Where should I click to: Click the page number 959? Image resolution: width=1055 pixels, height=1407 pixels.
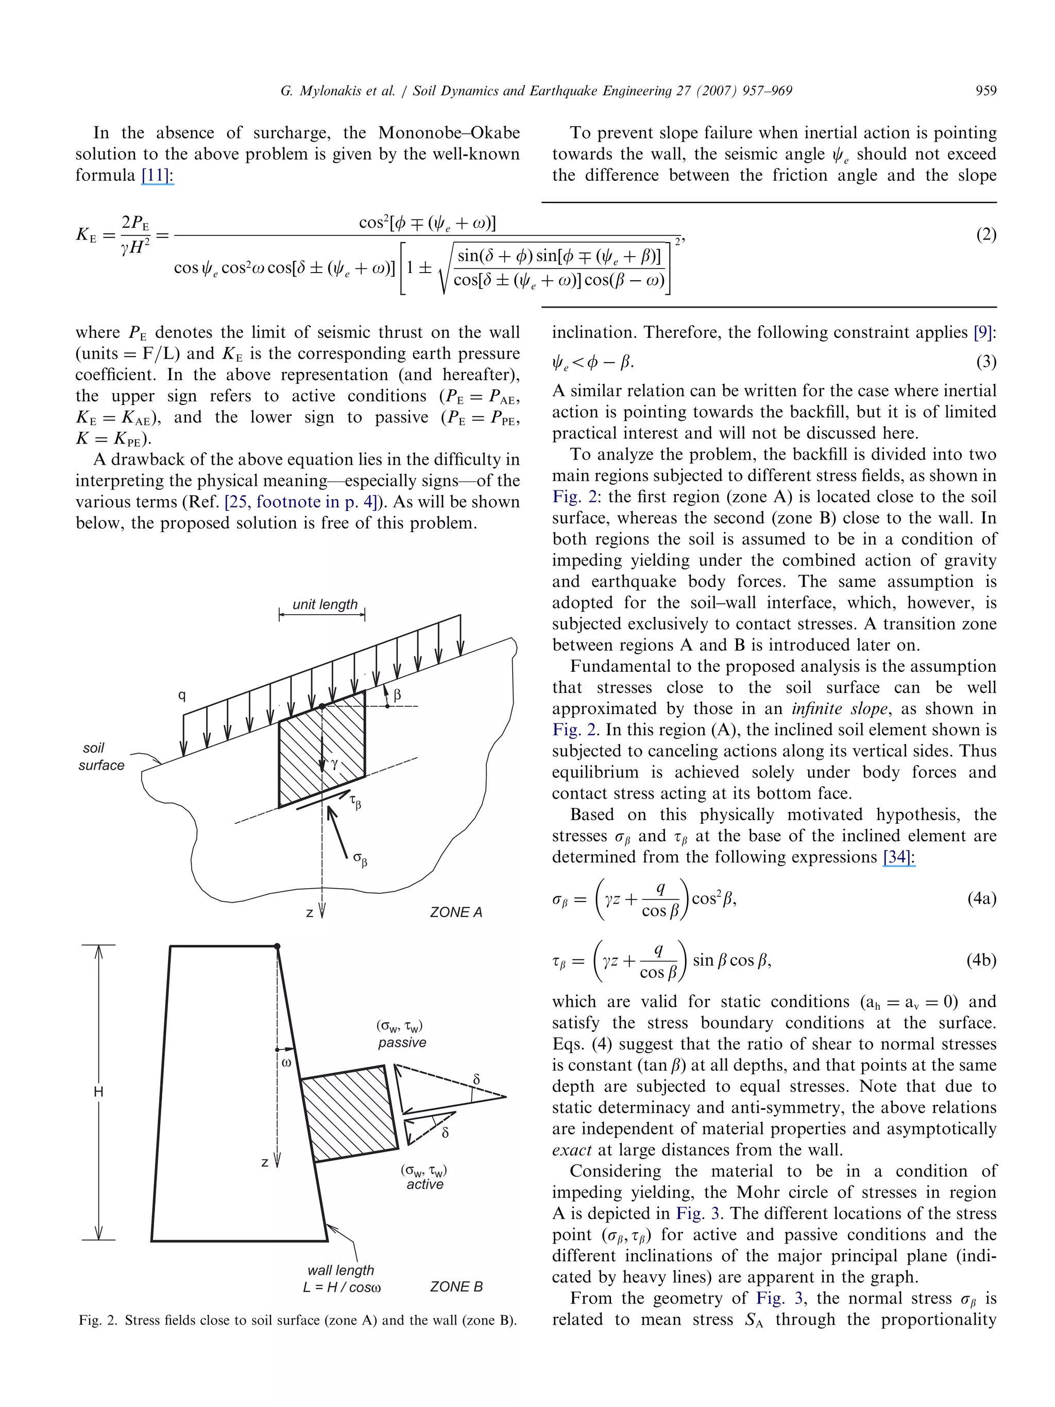[985, 91]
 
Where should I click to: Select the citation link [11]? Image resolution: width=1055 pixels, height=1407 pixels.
[157, 175]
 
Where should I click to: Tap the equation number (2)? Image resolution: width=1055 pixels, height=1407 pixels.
[985, 235]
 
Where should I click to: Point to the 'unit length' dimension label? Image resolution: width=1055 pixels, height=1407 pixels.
[325, 604]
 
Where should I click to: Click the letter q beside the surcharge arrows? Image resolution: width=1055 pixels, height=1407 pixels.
[182, 695]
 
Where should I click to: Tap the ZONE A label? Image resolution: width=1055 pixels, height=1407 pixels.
[456, 912]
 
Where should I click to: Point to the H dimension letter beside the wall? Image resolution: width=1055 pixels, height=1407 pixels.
[98, 1092]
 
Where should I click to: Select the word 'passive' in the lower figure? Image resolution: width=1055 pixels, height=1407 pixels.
[402, 1043]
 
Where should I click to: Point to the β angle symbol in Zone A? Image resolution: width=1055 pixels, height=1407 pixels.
[398, 694]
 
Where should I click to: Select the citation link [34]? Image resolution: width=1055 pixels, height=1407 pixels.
[898, 857]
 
